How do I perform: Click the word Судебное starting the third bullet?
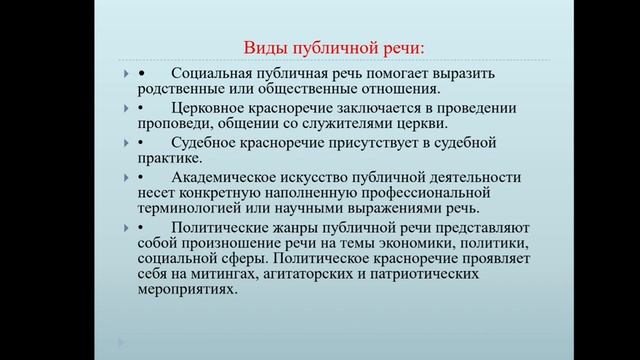pos(203,143)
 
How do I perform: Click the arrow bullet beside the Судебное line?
pos(125,143)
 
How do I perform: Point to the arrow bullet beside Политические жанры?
pos(125,227)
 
